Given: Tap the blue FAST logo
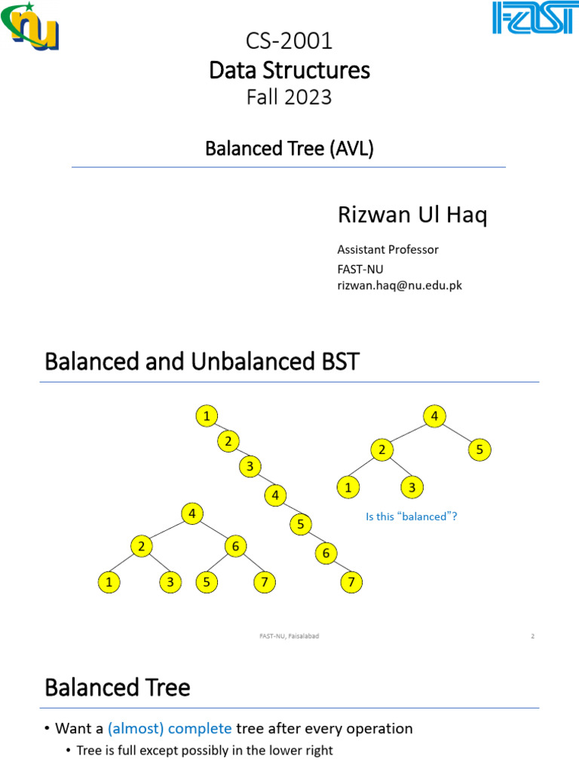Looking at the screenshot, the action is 532,18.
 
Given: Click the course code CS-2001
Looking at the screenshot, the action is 289,41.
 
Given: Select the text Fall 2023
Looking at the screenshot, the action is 289,97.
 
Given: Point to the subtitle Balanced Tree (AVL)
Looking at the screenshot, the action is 289,148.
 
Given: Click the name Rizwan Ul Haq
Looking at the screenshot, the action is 412,216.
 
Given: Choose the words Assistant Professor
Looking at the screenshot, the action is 388,249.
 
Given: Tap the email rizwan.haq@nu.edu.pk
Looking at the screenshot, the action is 399,285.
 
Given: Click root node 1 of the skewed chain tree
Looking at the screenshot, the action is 206,415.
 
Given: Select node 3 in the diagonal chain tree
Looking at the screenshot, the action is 250,467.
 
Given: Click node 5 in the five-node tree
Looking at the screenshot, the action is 479,449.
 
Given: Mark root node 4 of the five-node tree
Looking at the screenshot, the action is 434,415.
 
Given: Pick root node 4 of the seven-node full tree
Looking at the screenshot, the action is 193,513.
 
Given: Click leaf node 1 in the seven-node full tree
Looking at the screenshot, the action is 110,581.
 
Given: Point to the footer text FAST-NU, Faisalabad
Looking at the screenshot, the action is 289,636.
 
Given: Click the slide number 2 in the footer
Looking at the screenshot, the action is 532,636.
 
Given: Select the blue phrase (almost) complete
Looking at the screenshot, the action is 170,728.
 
